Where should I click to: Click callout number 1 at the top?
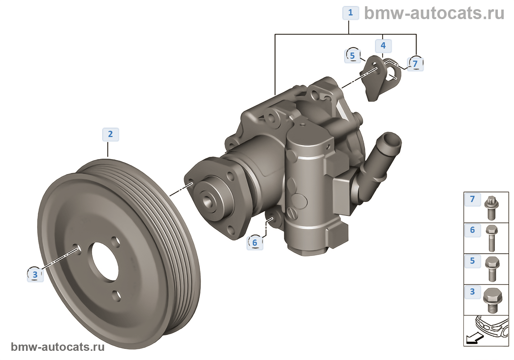coord(351,13)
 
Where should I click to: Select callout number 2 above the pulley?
coord(111,134)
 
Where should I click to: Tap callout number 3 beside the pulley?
coord(35,275)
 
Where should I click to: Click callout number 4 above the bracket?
coord(383,46)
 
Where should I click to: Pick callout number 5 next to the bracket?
coord(352,56)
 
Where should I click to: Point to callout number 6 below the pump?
coord(255,243)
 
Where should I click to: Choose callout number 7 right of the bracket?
coord(415,64)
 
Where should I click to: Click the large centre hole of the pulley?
coord(105,261)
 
